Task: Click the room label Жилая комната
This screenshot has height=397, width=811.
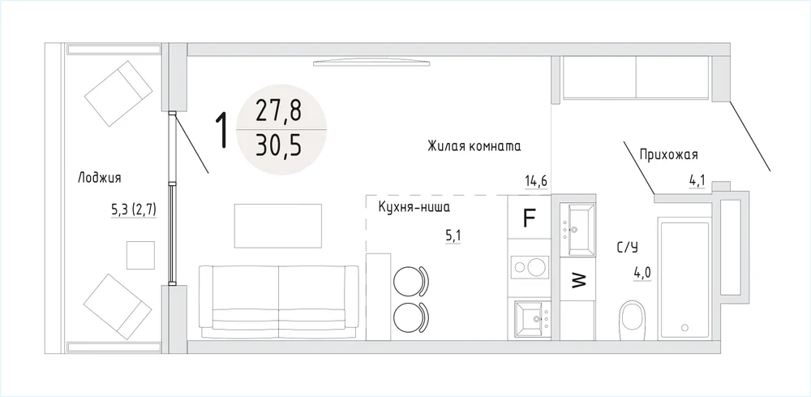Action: point(474,146)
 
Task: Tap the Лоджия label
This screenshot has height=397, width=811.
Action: point(99,179)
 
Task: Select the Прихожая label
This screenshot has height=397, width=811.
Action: point(669,154)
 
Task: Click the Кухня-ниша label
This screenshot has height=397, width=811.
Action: point(414,208)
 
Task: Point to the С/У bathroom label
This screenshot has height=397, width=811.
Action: point(627,248)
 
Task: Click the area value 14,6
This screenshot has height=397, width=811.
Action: point(536,182)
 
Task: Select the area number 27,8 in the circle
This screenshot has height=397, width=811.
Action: point(277,111)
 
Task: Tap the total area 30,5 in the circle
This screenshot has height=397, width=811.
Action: point(277,146)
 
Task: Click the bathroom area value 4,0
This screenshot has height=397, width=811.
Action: point(643,272)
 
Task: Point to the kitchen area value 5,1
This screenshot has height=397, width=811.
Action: point(453,236)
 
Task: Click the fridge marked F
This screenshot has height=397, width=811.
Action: point(529,217)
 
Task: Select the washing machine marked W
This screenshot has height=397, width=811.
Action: point(577,281)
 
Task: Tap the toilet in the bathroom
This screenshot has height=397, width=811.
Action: point(633,317)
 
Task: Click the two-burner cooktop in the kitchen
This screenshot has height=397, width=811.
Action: point(529,267)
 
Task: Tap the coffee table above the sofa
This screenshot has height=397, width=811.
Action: point(278,226)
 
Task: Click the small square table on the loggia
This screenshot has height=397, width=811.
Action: point(140,255)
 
